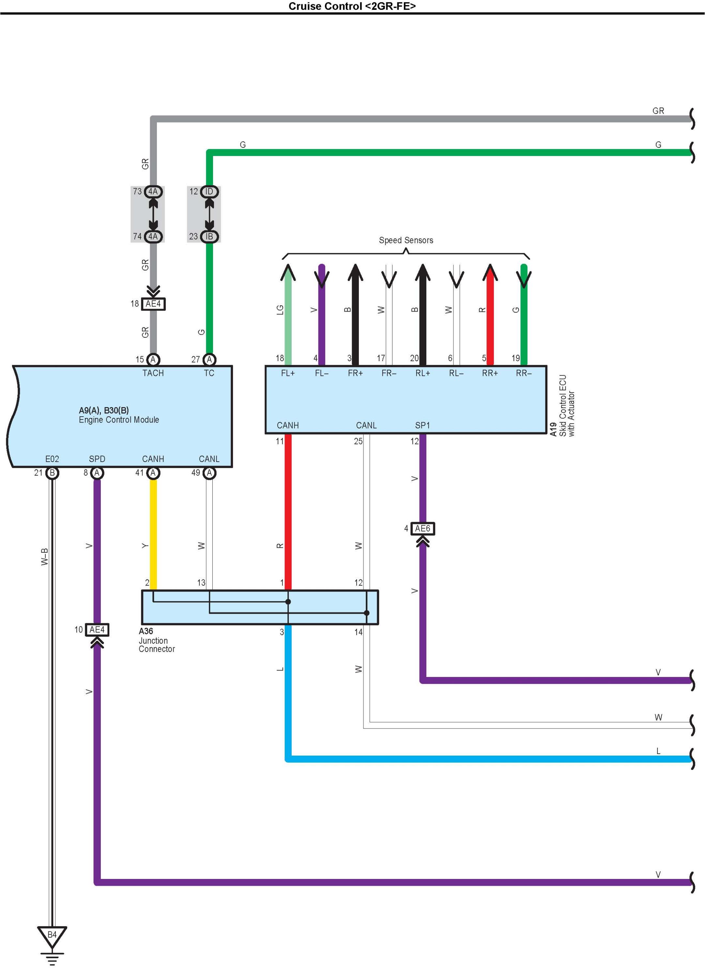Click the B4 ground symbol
[52, 936]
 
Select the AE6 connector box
[422, 529]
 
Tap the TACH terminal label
[153, 373]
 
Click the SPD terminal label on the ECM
[97, 459]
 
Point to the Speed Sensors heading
[406, 240]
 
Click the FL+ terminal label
[287, 373]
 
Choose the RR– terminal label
[523, 373]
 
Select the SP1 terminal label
[422, 425]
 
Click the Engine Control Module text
[119, 420]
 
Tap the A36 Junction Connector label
[156, 640]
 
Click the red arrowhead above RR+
[490, 272]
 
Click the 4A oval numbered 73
[153, 192]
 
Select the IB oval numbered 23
[209, 236]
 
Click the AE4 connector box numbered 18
[153, 304]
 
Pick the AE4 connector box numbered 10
[97, 630]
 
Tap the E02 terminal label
[52, 459]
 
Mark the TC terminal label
[209, 373]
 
